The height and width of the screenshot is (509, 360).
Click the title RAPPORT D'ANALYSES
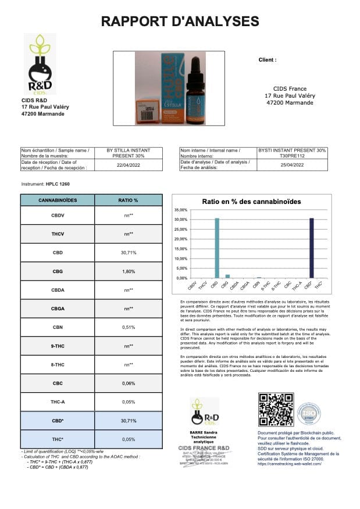click(180, 21)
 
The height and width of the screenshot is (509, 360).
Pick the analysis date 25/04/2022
click(292, 164)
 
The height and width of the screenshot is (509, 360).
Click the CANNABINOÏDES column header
click(57, 200)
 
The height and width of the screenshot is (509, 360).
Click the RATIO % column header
click(127, 200)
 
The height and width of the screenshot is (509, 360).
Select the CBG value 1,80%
click(127, 271)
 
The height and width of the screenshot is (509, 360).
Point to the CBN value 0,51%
click(127, 327)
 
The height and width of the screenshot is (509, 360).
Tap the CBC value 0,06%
click(127, 383)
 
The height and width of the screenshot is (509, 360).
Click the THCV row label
click(57, 234)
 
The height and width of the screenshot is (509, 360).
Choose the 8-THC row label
click(57, 364)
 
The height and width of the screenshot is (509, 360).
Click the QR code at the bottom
click(276, 410)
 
